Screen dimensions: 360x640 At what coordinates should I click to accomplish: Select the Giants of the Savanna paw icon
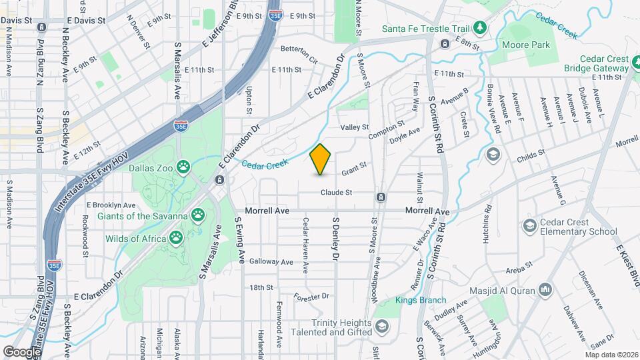click(198, 215)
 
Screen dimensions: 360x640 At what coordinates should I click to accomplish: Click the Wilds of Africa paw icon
click(176, 238)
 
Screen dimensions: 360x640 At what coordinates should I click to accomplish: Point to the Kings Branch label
click(421, 300)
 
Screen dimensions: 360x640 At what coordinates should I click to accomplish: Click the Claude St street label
click(336, 192)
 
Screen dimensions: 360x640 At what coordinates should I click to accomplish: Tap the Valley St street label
click(355, 127)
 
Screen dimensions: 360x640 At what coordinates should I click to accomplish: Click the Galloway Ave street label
click(271, 262)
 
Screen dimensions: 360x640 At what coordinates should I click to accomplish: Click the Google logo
click(21, 351)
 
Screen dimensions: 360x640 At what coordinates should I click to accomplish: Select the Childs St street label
click(531, 156)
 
